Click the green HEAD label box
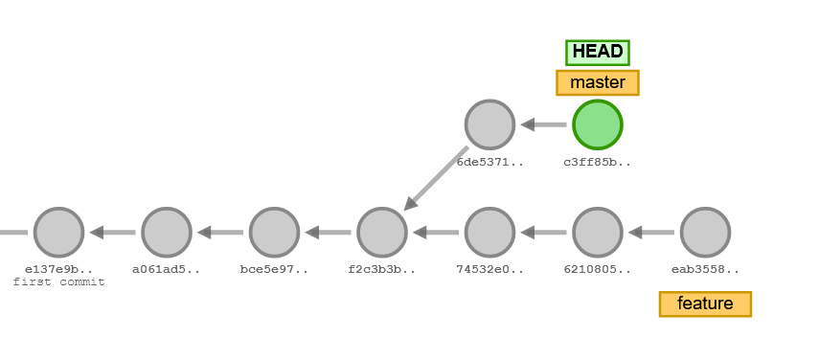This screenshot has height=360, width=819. tap(598, 52)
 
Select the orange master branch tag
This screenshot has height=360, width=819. tap(598, 82)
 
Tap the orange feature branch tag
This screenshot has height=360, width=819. tap(705, 304)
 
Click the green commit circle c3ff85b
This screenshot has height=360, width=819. tap(598, 124)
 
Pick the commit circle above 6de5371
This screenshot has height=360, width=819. tap(489, 124)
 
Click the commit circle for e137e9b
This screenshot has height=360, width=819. tap(58, 232)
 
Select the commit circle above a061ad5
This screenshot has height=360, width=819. tap(167, 232)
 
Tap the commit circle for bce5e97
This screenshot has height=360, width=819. tap(274, 232)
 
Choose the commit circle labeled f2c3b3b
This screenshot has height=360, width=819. tap(382, 232)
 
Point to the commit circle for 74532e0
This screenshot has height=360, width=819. tap(489, 232)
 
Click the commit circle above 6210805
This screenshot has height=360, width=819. tap(598, 232)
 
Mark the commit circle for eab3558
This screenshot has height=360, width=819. tap(705, 232)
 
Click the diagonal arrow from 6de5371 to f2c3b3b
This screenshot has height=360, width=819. tap(436, 178)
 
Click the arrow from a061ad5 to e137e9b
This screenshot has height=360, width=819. tap(112, 232)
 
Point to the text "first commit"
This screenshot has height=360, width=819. tap(58, 282)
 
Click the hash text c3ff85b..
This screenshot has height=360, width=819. tap(598, 162)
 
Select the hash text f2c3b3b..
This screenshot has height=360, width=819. tap(382, 269)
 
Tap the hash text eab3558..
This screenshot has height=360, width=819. tap(705, 269)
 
